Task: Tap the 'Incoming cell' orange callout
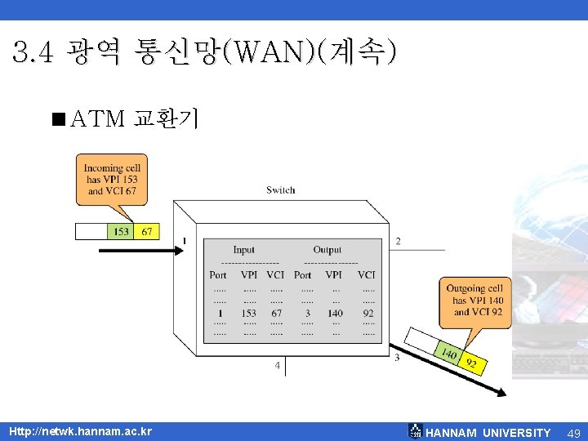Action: tap(112, 180)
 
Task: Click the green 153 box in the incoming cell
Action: tap(121, 231)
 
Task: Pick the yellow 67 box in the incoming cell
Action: tap(146, 231)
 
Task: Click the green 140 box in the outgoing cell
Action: tap(448, 352)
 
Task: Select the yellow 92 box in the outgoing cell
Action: tap(471, 362)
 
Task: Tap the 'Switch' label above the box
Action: tap(280, 190)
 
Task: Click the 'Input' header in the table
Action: tap(243, 250)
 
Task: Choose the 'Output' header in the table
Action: tap(327, 250)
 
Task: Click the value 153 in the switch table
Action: tap(248, 313)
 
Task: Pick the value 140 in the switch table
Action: tap(335, 313)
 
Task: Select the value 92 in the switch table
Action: tap(368, 313)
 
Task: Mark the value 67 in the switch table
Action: tap(276, 313)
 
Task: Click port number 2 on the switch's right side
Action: tap(398, 241)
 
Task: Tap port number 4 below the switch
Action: tap(278, 366)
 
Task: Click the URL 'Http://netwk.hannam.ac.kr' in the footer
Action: tap(80, 431)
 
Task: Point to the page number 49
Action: tap(573, 432)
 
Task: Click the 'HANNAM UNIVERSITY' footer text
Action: tap(488, 433)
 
